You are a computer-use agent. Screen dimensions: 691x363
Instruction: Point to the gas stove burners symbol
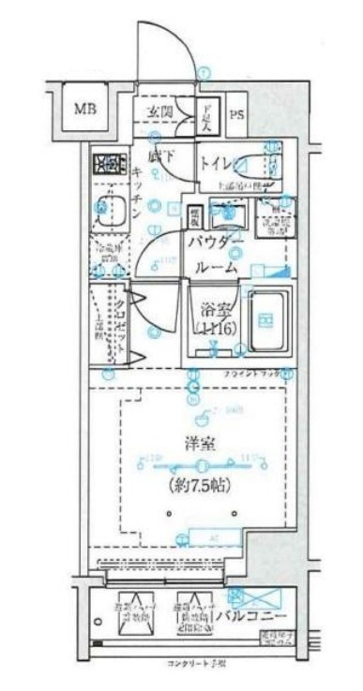[x=109, y=166]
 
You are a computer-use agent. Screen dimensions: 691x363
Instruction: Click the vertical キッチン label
[x=138, y=193]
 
